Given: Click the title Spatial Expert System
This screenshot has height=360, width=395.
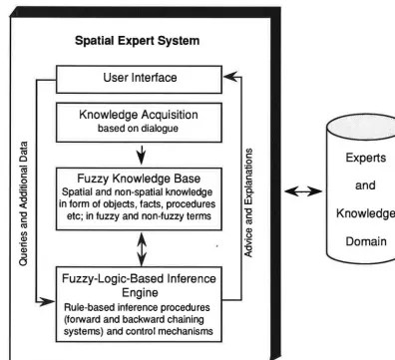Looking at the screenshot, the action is point(137,41).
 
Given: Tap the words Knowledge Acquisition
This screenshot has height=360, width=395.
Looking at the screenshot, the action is point(139,115).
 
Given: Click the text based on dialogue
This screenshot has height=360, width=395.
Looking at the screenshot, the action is point(138,129).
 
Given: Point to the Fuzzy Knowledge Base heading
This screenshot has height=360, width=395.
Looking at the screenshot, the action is point(139,179).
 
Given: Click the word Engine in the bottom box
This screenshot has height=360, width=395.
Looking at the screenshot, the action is point(140,293).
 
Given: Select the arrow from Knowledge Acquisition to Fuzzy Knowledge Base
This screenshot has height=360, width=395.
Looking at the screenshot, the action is point(142,155).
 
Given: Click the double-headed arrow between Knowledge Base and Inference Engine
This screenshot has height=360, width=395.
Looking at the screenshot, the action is point(142,249).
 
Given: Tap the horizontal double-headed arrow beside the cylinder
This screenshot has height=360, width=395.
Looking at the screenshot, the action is point(303,191).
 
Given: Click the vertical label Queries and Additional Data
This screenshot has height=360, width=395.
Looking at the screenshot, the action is point(23,203).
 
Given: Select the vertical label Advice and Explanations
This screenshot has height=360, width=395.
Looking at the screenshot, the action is point(248,202).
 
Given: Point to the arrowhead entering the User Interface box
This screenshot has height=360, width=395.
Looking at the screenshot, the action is point(230,77).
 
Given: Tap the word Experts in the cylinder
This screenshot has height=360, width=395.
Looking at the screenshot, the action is point(366,158).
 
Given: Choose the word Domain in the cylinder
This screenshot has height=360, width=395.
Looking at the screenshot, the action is point(366,241).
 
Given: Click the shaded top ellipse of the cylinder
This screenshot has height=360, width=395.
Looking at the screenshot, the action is point(361,127).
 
